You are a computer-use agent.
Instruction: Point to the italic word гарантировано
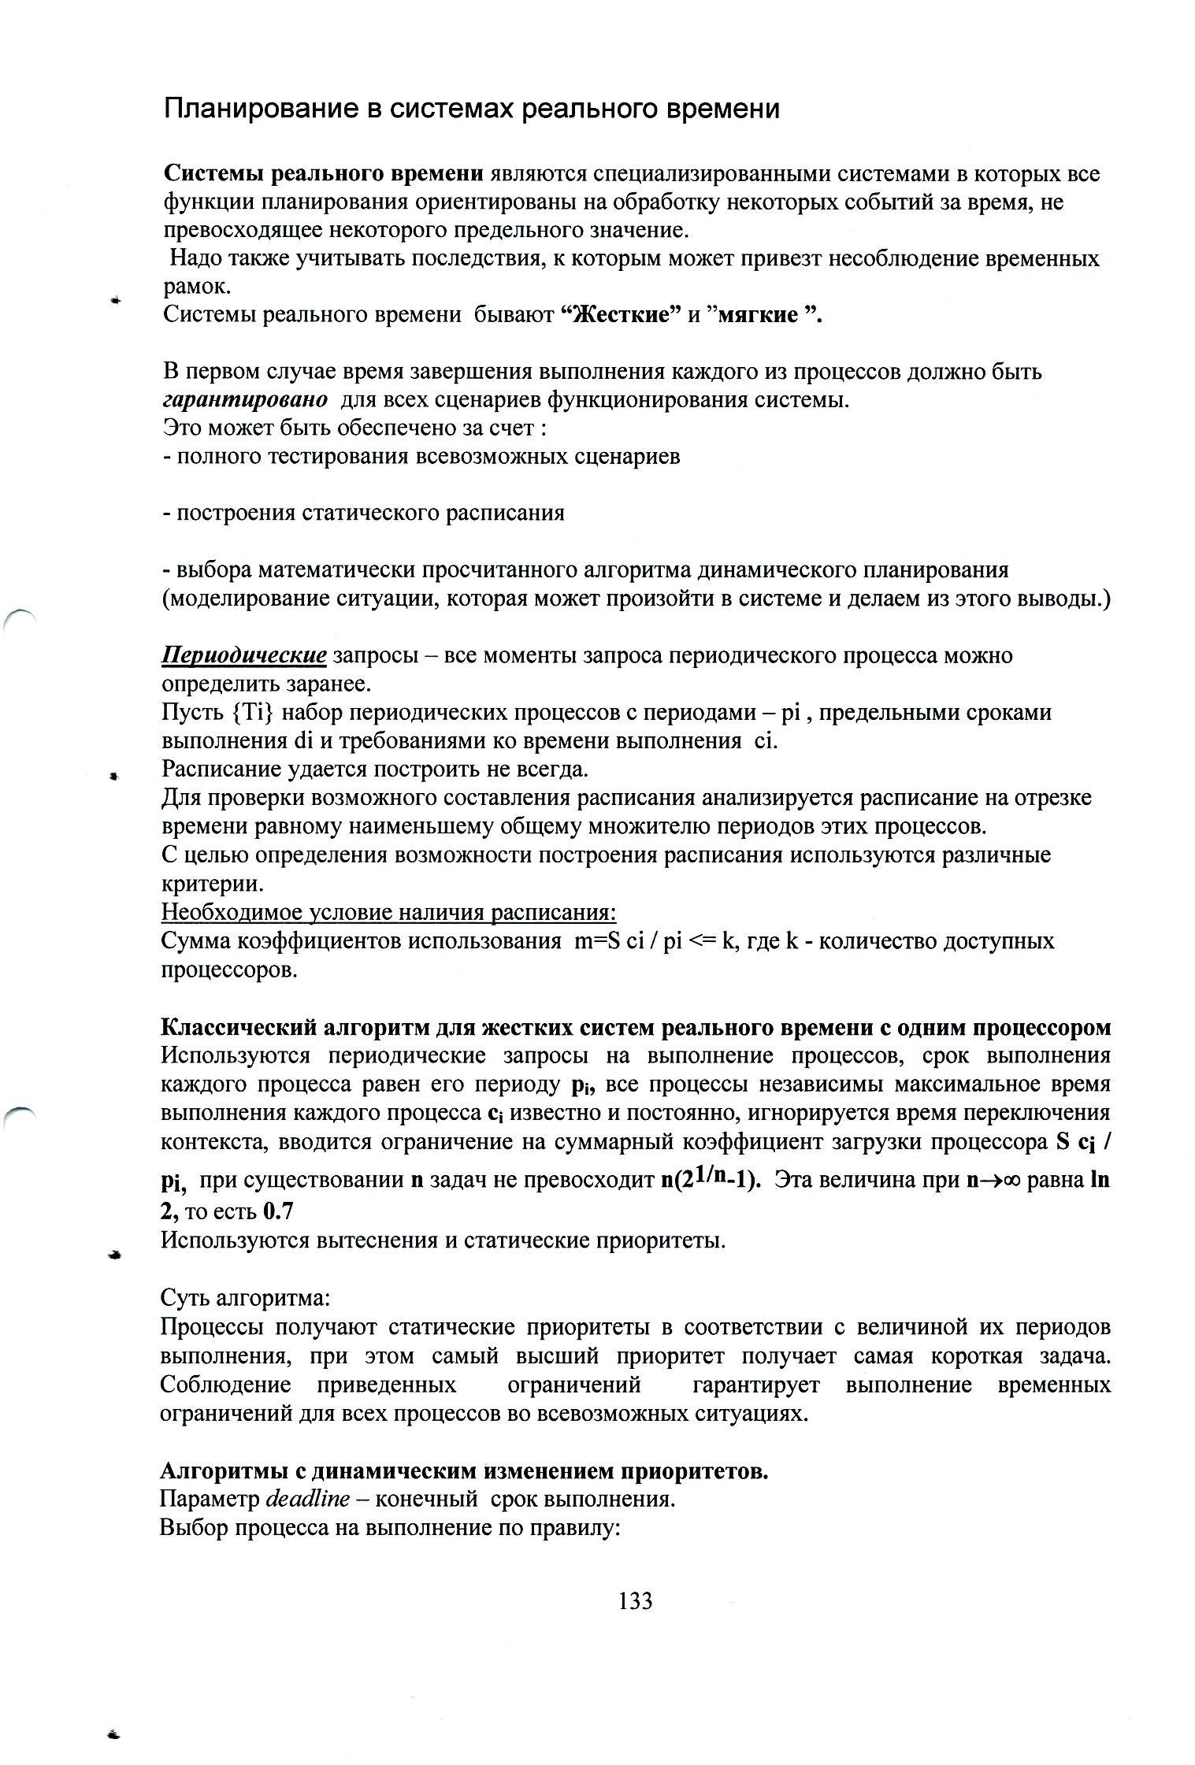(245, 399)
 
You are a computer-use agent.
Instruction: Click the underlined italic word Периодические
(244, 655)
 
